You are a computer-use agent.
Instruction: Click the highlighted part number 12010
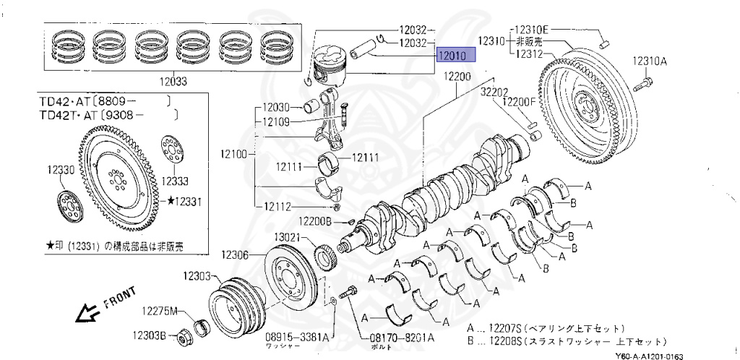click(x=455, y=55)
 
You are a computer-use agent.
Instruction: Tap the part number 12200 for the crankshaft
click(x=457, y=77)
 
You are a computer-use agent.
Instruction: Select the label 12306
click(x=236, y=254)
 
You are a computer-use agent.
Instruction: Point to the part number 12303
click(x=196, y=276)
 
